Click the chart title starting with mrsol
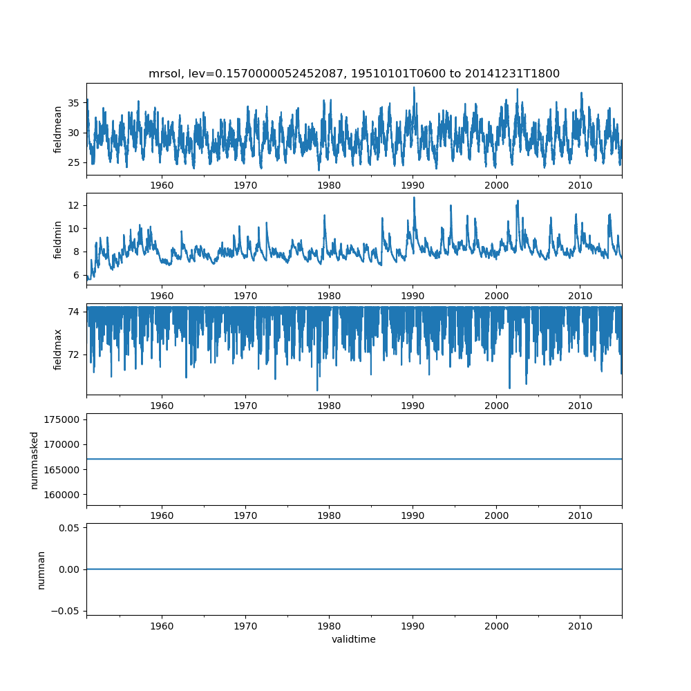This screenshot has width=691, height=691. pyautogui.click(x=354, y=73)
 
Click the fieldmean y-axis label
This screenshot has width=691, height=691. pyautogui.click(x=58, y=129)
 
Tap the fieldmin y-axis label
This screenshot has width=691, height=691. pyautogui.click(x=58, y=239)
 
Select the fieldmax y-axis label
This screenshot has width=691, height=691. pyautogui.click(x=58, y=349)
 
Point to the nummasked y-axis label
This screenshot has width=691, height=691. pyautogui.click(x=35, y=460)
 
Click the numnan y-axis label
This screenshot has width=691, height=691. pyautogui.click(x=41, y=569)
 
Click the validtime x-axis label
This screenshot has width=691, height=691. pyautogui.click(x=354, y=639)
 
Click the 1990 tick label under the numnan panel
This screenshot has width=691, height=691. pyautogui.click(x=413, y=625)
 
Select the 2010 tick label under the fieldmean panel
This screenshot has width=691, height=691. pyautogui.click(x=580, y=185)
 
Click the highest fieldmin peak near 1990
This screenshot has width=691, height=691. pyautogui.click(x=415, y=198)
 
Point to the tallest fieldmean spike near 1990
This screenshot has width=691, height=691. pyautogui.click(x=414, y=87)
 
